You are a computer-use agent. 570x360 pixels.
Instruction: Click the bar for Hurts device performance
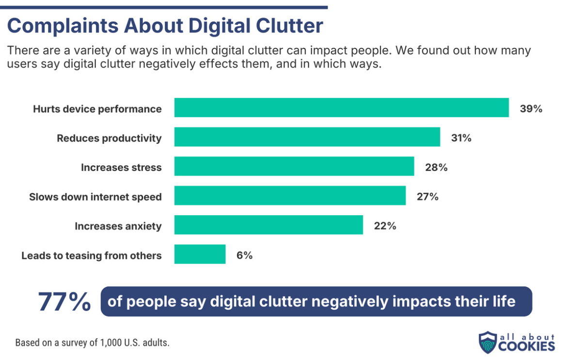[x=341, y=108]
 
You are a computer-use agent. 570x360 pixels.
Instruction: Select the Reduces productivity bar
[x=307, y=137]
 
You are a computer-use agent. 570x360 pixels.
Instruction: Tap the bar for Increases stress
[x=294, y=166]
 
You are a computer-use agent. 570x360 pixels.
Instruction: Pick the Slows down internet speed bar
[x=290, y=196]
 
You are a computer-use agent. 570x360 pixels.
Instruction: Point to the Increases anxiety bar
[x=268, y=225]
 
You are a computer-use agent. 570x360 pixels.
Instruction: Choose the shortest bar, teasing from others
[x=200, y=254]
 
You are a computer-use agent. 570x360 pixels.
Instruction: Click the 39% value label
[x=531, y=109]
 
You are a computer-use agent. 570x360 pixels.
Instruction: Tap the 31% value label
[x=461, y=138]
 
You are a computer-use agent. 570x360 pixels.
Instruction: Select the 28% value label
[x=436, y=167]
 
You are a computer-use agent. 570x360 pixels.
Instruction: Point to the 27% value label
[x=427, y=196]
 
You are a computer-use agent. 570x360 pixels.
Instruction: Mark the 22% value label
[x=385, y=225]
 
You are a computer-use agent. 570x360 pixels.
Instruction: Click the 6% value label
[x=245, y=255]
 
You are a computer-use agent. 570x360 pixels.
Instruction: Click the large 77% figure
[x=64, y=302]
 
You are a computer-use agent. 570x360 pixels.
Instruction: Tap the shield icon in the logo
[x=487, y=342]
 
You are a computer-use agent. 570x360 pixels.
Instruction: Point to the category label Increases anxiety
[x=118, y=226]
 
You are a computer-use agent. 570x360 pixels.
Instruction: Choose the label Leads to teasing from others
[x=91, y=255]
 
